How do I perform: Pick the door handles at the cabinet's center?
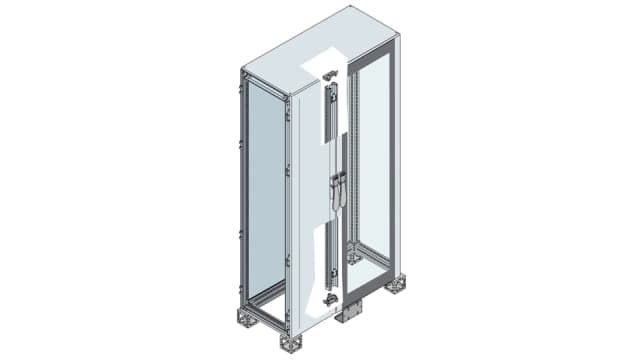click(x=337, y=190)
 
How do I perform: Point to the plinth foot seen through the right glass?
click(x=353, y=257)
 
